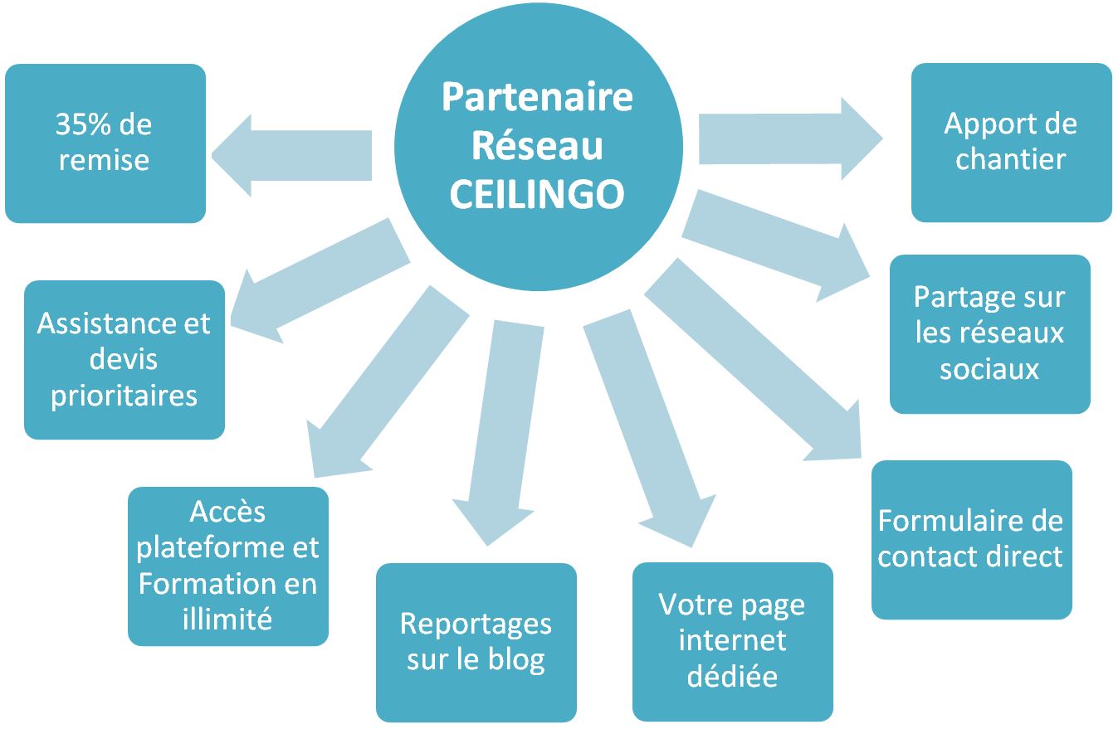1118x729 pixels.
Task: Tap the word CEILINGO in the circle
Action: coord(537,194)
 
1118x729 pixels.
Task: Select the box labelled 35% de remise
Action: coord(105,143)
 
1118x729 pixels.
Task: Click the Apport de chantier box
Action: coord(1011,143)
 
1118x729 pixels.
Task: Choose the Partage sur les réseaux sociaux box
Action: coord(989,333)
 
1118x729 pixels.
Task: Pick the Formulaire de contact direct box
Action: coord(971,539)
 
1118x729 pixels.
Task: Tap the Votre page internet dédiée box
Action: coord(732,641)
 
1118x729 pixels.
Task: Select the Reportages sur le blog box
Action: coord(476,642)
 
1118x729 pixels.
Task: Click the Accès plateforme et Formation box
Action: coord(227,566)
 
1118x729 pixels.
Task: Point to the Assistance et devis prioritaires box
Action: coord(124,359)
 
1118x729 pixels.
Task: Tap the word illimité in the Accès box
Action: coord(227,618)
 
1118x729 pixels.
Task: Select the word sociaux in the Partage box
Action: coord(989,368)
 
